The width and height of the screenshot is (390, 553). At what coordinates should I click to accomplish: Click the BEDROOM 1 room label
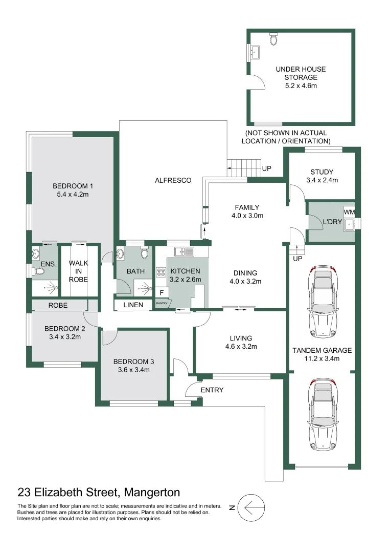(x=72, y=186)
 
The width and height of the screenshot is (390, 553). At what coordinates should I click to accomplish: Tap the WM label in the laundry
(x=349, y=212)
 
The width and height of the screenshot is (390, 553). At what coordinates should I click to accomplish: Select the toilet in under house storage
(x=273, y=39)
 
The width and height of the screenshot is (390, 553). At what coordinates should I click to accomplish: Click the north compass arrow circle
(x=251, y=508)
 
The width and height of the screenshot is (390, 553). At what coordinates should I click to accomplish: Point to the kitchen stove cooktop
(x=160, y=272)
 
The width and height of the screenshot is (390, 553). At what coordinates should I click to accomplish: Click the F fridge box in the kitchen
(x=162, y=292)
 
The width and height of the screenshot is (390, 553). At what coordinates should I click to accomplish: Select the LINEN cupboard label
(x=133, y=305)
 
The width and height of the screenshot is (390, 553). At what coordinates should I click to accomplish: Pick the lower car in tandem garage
(x=323, y=415)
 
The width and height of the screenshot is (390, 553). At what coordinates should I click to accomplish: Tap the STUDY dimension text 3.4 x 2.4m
(x=322, y=180)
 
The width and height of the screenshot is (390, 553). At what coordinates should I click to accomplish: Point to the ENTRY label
(x=212, y=390)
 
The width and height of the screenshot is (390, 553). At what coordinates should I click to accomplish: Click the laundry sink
(x=350, y=224)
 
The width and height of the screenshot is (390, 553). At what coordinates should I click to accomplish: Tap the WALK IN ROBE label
(x=78, y=271)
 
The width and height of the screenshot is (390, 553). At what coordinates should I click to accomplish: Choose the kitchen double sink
(x=183, y=251)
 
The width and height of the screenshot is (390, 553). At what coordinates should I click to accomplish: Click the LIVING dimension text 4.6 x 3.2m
(x=241, y=347)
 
